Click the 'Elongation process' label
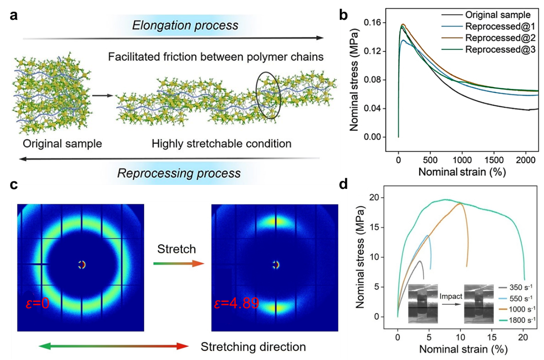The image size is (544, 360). pos(185,25)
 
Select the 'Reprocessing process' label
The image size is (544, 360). pos(179,172)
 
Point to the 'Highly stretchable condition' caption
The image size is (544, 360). pos(221,144)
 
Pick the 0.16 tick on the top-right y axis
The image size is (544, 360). pos(380,23)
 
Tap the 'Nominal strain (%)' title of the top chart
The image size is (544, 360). pos(462,171)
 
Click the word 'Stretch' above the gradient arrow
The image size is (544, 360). pos(176,249)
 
